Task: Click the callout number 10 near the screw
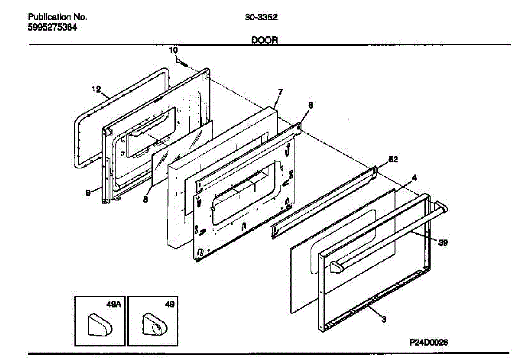173,51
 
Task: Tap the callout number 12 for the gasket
97,89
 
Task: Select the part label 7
280,92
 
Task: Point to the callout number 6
310,106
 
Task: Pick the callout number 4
414,178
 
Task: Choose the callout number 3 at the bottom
384,319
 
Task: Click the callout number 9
88,192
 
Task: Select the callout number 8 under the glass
145,200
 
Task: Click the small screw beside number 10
180,62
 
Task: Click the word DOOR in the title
265,40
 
